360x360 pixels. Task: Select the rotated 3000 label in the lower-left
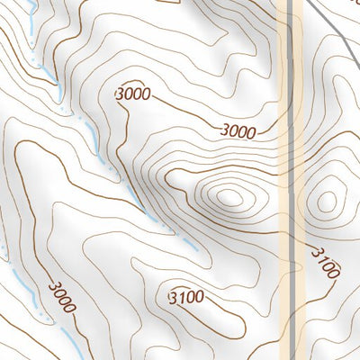click(61, 297)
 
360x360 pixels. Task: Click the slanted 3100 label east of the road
click(325, 260)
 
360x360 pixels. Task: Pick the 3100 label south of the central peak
click(186, 296)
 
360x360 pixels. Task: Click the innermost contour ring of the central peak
click(228, 195)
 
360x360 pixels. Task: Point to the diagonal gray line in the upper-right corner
click(333, 27)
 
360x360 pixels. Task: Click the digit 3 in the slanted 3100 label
click(315, 250)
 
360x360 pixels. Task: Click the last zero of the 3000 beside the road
click(251, 132)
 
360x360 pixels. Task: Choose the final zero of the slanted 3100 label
click(335, 271)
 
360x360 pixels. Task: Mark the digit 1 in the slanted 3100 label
click(320, 256)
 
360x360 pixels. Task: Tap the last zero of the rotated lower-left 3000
click(69, 308)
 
